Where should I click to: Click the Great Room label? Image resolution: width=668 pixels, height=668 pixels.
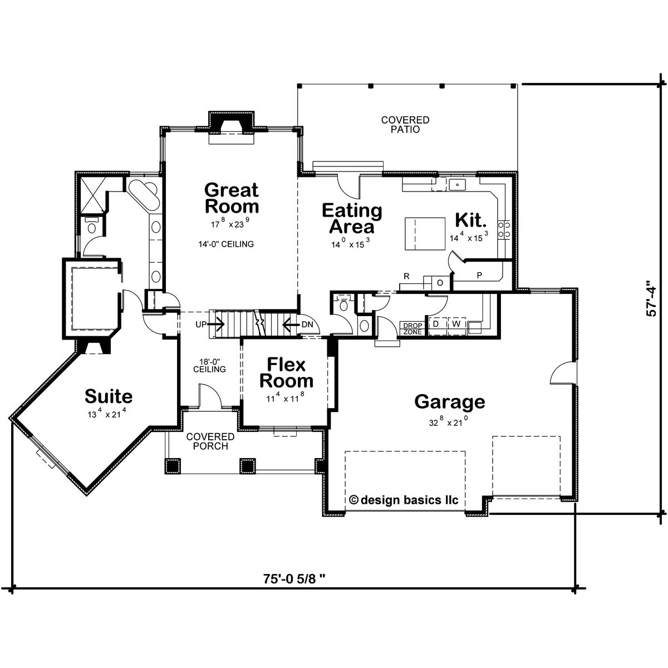click(232, 198)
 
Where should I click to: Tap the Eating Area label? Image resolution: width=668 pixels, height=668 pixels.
click(352, 218)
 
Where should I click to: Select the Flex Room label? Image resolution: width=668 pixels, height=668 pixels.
click(286, 373)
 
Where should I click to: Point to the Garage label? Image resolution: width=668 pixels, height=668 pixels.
click(449, 401)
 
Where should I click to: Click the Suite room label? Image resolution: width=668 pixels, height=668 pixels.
click(109, 396)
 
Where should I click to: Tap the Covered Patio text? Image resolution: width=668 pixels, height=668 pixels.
click(405, 125)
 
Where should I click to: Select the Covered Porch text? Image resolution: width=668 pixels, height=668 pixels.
click(210, 441)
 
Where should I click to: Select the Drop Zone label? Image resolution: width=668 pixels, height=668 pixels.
click(412, 328)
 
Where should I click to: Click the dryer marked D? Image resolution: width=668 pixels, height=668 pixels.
click(436, 324)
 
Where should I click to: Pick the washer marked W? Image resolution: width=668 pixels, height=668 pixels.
click(456, 324)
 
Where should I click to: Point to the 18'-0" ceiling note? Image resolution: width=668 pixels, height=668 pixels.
click(210, 365)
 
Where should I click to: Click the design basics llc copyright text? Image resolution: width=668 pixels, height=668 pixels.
click(404, 500)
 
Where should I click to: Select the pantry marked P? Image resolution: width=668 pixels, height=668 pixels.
click(479, 276)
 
